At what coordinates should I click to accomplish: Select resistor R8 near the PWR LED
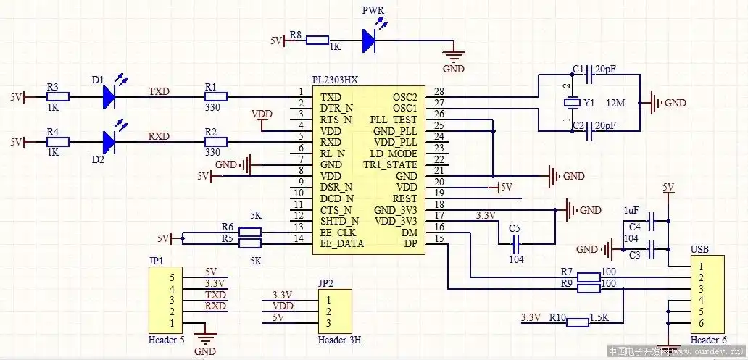tap(317, 41)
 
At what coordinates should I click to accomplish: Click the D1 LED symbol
tap(109, 96)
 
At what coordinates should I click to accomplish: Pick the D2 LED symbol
tap(109, 141)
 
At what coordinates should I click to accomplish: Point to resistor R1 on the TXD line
tap(215, 96)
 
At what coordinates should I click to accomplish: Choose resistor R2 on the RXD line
tap(215, 142)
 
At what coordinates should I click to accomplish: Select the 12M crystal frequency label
tap(615, 104)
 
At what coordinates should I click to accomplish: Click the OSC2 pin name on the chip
tap(405, 96)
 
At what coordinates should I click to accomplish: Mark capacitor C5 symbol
tap(516, 244)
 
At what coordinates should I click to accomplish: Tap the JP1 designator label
tap(156, 260)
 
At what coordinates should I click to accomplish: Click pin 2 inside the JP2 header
tap(330, 311)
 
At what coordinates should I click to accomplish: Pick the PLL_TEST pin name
tap(394, 120)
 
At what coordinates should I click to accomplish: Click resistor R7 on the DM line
tap(589, 277)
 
